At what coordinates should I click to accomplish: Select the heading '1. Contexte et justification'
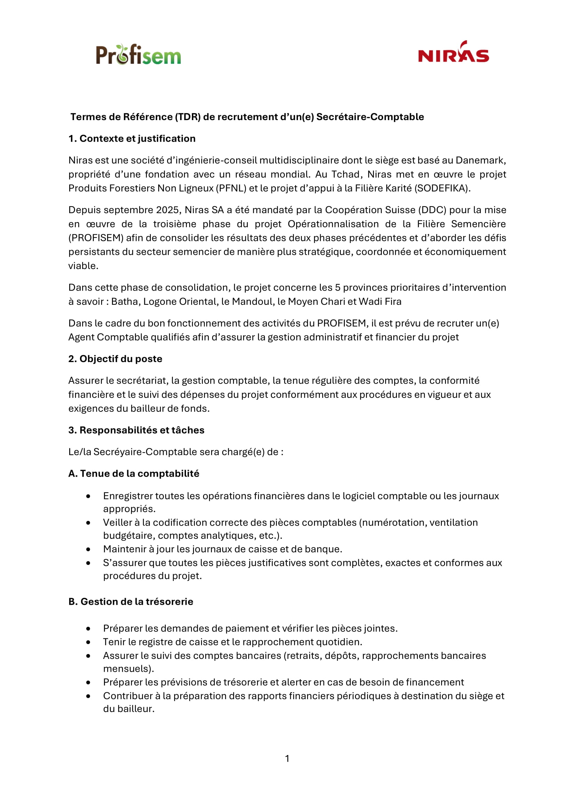[x=132, y=139]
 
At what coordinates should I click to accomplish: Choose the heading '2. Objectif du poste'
[x=115, y=359]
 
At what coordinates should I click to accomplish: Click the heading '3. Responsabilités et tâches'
[x=136, y=430]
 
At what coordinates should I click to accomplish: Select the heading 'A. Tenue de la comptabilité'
[x=134, y=474]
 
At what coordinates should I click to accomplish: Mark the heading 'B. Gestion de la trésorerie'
[x=131, y=602]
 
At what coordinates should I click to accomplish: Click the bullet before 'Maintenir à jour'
[x=88, y=550]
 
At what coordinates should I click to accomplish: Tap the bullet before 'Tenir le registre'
[x=88, y=643]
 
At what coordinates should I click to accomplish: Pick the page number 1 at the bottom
[x=287, y=759]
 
